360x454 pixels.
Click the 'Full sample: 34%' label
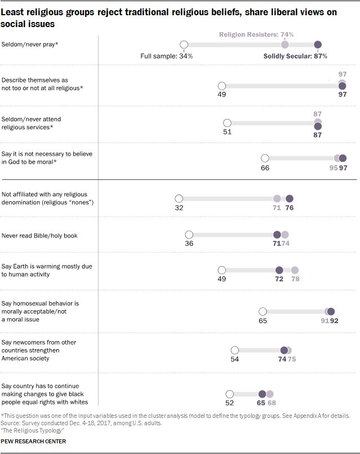[166, 56]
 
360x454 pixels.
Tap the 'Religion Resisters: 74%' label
[251, 34]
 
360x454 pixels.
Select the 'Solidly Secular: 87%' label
[295, 56]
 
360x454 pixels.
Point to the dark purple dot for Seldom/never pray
[318, 45]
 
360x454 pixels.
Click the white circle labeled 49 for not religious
[221, 85]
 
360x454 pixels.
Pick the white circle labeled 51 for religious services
[227, 123]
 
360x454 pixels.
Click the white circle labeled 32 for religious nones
[179, 199]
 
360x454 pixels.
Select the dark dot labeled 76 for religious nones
[290, 199]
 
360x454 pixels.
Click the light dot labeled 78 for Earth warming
[294, 270]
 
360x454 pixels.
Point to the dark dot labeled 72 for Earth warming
[279, 270]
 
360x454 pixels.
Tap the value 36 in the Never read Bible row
[189, 244]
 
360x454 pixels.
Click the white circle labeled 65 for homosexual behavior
[262, 311]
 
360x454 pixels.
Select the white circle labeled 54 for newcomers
[235, 350]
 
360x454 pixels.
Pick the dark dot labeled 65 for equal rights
[262, 394]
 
